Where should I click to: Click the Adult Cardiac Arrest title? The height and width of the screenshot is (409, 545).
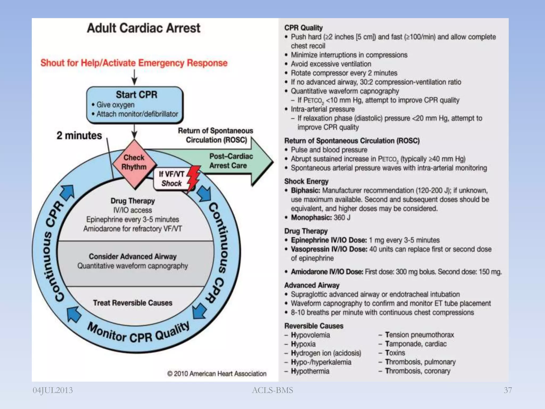(x=143, y=28)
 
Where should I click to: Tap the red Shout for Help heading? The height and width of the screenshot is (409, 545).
(x=134, y=63)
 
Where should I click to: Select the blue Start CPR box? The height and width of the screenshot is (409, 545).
(x=135, y=105)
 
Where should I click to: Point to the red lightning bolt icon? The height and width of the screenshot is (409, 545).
(x=193, y=178)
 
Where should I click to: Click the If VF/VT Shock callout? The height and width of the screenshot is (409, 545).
(x=171, y=179)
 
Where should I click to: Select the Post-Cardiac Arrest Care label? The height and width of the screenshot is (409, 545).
(x=230, y=161)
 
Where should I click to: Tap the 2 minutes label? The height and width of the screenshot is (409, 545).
(x=79, y=136)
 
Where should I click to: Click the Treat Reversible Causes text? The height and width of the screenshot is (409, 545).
(x=133, y=303)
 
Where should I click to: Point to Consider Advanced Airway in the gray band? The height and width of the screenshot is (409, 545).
(x=133, y=256)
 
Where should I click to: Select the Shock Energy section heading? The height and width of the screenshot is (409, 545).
(x=306, y=181)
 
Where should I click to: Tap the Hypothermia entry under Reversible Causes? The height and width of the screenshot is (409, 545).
(x=310, y=371)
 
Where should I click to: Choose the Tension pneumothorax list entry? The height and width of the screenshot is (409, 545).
(x=419, y=335)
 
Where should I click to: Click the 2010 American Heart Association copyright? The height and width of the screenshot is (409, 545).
(x=217, y=374)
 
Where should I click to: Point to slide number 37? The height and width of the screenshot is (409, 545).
(x=508, y=390)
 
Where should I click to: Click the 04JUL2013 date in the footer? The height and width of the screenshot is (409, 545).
(x=53, y=390)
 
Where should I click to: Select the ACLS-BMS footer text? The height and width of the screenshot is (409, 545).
(x=272, y=390)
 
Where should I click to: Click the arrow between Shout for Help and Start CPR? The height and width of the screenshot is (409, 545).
(x=134, y=77)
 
